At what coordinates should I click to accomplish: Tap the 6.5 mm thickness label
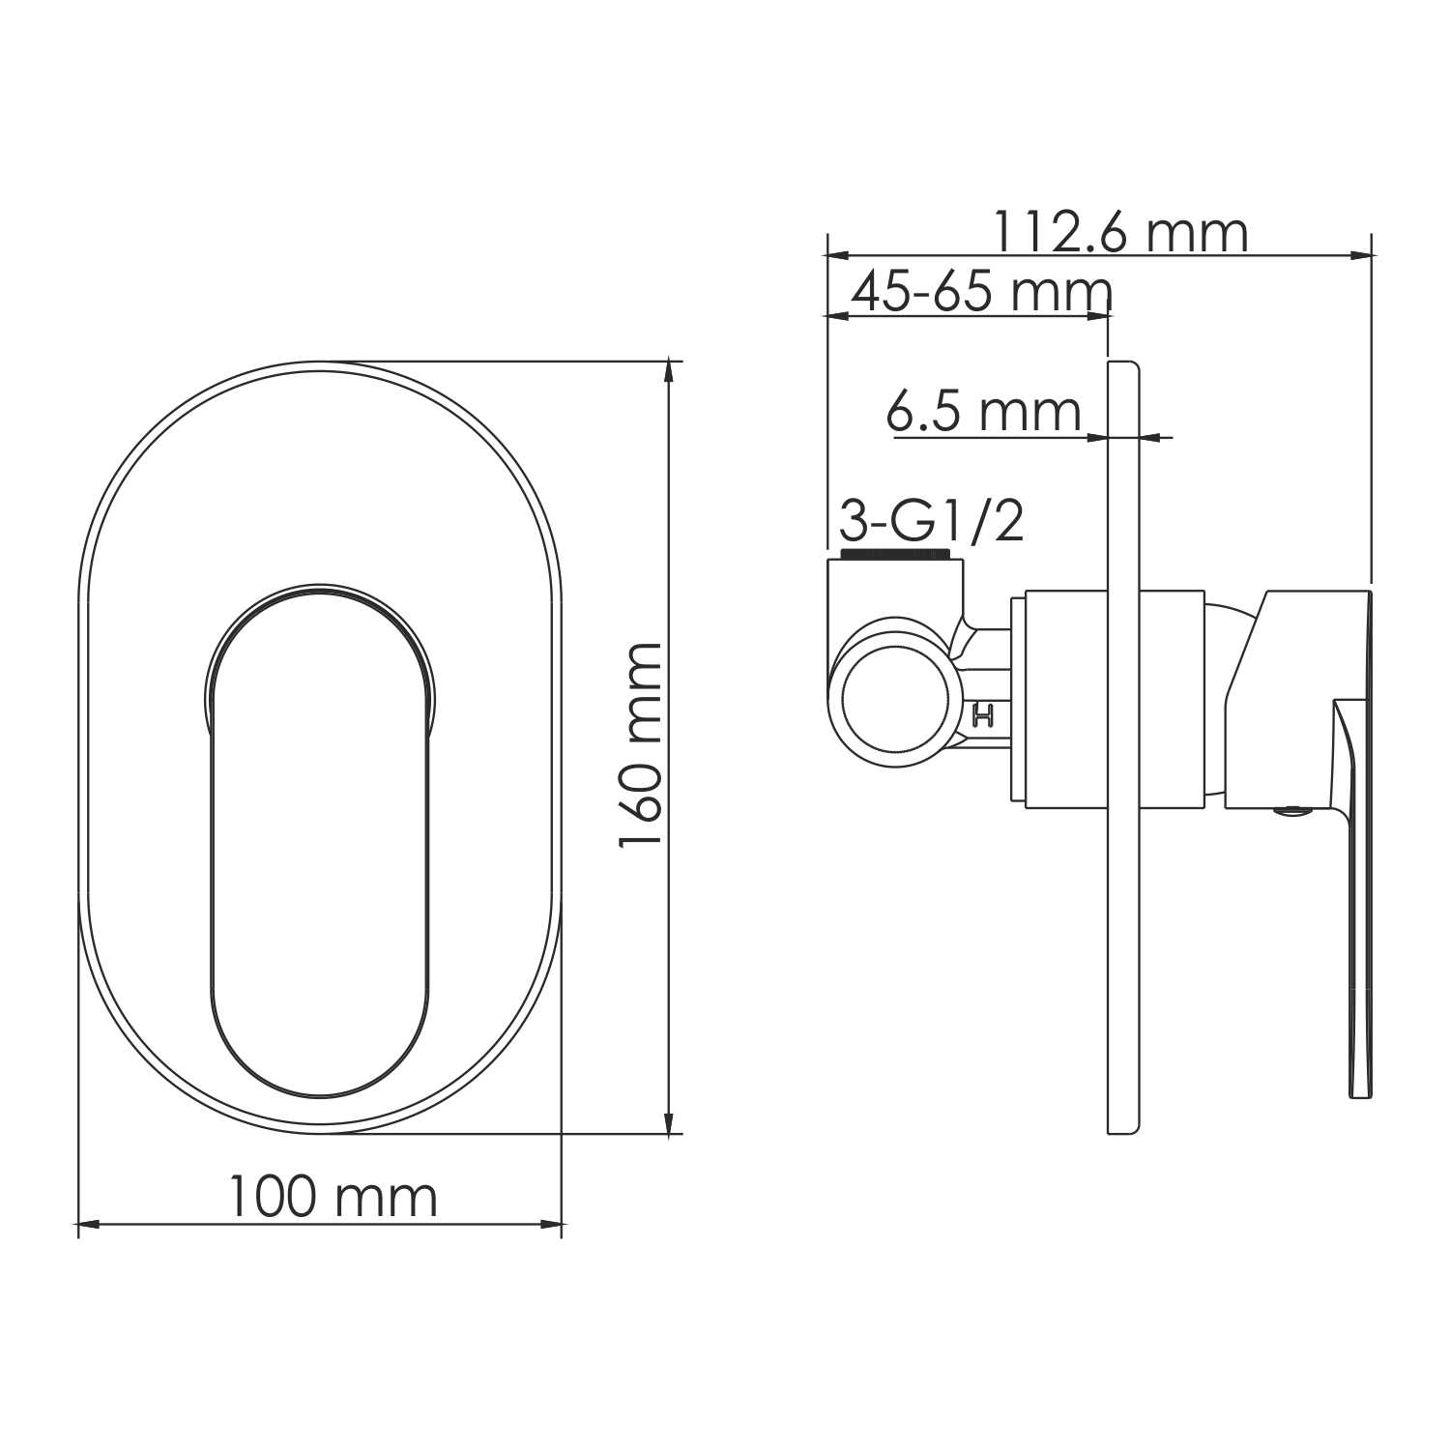[983, 413]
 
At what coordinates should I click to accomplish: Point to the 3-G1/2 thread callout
[931, 523]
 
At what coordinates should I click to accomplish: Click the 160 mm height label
[641, 745]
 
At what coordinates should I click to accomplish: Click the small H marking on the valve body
[984, 716]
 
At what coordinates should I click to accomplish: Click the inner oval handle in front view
[319, 851]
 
